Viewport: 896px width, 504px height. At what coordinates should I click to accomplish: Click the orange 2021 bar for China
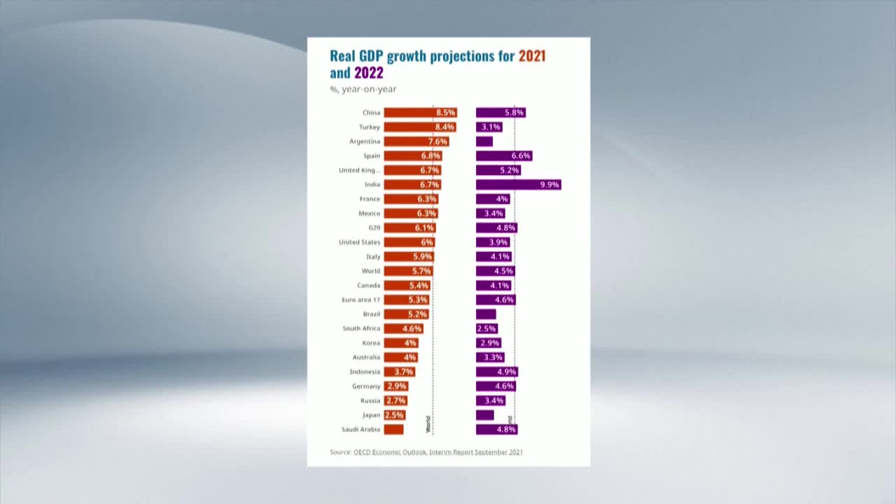(420, 113)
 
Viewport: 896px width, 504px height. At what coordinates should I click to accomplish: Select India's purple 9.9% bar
(518, 185)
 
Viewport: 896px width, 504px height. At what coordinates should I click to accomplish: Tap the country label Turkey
(369, 127)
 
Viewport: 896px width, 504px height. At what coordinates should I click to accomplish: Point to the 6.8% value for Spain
(430, 156)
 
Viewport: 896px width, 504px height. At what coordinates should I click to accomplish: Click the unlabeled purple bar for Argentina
(484, 141)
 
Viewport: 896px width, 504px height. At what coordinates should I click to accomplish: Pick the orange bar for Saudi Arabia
(393, 430)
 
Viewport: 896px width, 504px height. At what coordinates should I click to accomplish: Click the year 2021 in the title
(531, 56)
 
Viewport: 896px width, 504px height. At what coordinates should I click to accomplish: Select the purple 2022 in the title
(369, 73)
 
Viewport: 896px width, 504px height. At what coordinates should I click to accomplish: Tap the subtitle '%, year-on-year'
(363, 90)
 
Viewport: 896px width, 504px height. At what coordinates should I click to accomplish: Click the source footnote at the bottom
(426, 452)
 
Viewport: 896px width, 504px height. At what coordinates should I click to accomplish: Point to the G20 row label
(374, 228)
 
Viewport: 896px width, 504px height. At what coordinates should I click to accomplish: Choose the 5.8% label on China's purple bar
(514, 113)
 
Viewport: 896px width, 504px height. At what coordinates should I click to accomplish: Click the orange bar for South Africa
(403, 329)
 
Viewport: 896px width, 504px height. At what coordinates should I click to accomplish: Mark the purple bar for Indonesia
(497, 372)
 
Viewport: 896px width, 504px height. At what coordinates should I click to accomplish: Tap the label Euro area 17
(360, 300)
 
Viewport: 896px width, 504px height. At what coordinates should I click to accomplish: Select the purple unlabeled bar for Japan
(484, 415)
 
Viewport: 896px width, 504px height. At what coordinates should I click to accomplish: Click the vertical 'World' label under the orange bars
(428, 424)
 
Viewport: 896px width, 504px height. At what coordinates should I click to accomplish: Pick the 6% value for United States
(426, 242)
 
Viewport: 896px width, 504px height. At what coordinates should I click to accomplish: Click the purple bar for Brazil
(486, 314)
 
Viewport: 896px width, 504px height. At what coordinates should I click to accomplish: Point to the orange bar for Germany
(395, 386)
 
